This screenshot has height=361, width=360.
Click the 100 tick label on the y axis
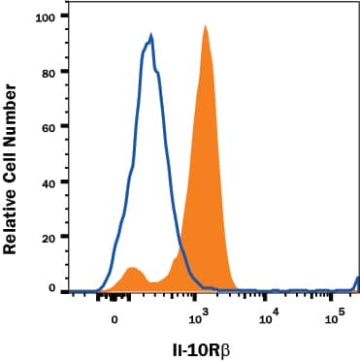[x=42, y=17]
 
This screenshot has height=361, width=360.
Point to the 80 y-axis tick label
[x=45, y=72]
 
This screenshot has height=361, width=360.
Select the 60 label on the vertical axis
[x=45, y=126]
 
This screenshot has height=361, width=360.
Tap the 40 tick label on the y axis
[x=45, y=181]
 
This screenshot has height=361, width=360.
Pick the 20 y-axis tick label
[x=45, y=236]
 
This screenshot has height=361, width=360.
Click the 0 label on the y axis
[x=49, y=289]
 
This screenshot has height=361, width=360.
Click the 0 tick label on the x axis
[x=115, y=317]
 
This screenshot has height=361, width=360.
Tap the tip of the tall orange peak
[x=206, y=26]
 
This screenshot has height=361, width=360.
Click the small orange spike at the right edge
[x=357, y=283]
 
